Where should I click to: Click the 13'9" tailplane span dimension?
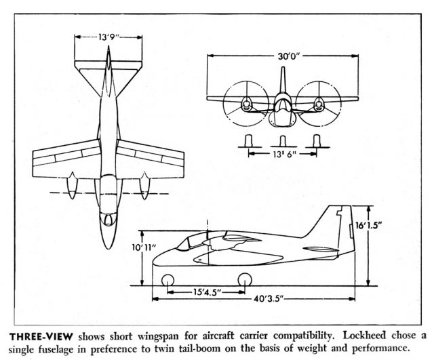[x=108, y=37]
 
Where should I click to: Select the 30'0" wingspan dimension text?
[x=289, y=56]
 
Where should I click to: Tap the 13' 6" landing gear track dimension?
[x=282, y=154]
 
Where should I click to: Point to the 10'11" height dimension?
[x=142, y=247]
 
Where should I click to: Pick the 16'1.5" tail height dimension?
[x=369, y=226]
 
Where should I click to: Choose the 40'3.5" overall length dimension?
[x=268, y=299]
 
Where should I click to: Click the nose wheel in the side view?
[x=167, y=280]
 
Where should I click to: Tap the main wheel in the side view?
[x=245, y=279]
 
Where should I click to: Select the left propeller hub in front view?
[x=245, y=104]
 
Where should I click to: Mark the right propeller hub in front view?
[x=319, y=104]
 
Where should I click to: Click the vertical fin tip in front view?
[x=283, y=68]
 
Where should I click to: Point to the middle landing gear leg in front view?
[x=283, y=141]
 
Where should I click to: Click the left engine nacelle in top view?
[x=72, y=185]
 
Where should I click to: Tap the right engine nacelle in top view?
[x=144, y=185]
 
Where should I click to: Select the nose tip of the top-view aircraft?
[x=108, y=249]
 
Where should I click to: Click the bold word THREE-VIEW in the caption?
[x=41, y=337]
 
